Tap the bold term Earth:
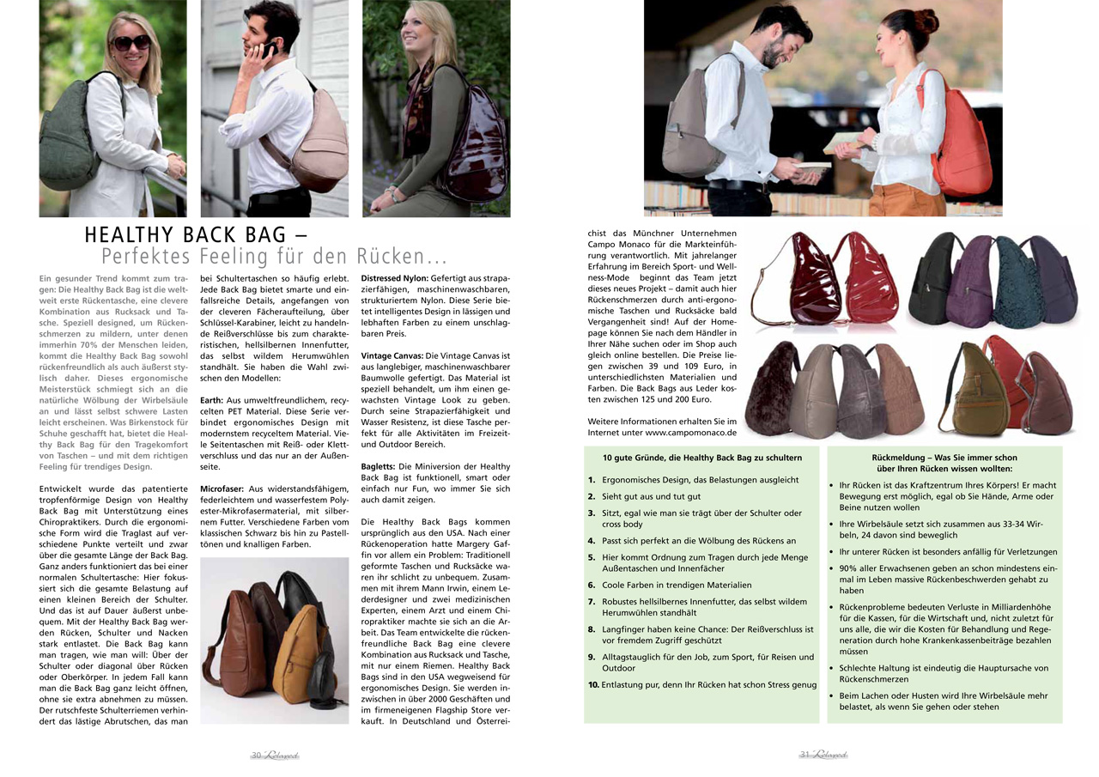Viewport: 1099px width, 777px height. pyautogui.click(x=211, y=399)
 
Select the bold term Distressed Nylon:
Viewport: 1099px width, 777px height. pyautogui.click(x=392, y=278)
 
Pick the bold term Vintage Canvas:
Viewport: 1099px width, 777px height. pyautogui.click(x=392, y=355)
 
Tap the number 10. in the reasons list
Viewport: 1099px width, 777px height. pyautogui.click(x=593, y=685)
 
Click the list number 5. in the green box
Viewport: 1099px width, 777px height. pyautogui.click(x=592, y=556)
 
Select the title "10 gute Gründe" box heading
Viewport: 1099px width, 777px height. pyautogui.click(x=701, y=458)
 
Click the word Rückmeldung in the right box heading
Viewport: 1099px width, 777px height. pyautogui.click(x=899, y=458)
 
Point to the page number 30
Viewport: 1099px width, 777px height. pyautogui.click(x=256, y=756)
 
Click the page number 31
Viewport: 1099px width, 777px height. pyautogui.click(x=805, y=755)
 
